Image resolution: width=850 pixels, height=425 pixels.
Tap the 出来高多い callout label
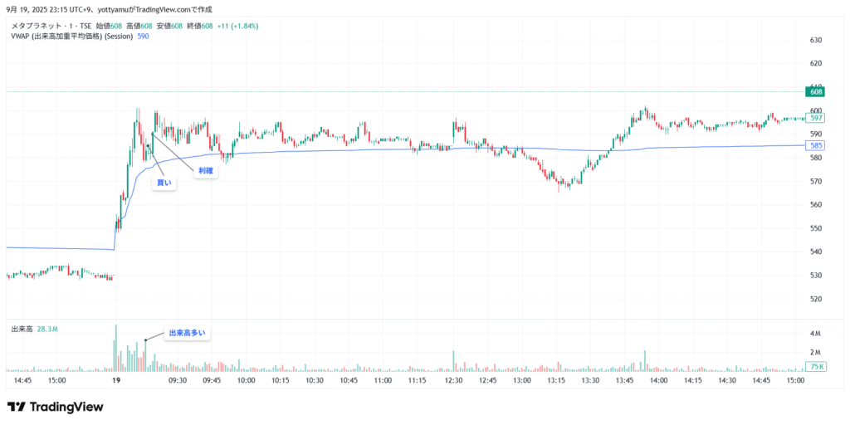[187, 333]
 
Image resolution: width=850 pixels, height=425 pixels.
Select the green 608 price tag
[816, 93]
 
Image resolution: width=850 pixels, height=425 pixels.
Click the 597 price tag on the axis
[816, 118]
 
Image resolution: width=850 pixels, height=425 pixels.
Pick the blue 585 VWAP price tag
[816, 145]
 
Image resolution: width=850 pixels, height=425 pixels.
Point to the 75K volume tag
[816, 366]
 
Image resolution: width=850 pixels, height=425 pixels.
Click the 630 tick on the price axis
[815, 40]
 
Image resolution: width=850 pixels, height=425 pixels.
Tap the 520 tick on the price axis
[815, 299]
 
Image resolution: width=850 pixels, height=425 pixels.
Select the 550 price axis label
[815, 228]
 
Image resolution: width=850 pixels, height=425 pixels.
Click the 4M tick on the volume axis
[815, 334]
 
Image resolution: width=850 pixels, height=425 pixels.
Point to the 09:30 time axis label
[178, 380]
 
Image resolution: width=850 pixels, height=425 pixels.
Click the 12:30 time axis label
[453, 380]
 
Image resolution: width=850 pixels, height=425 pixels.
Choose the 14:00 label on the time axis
[658, 380]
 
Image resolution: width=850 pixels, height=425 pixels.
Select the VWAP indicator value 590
[143, 37]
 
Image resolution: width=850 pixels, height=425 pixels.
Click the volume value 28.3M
[46, 330]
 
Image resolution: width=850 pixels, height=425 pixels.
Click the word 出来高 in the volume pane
[22, 330]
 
